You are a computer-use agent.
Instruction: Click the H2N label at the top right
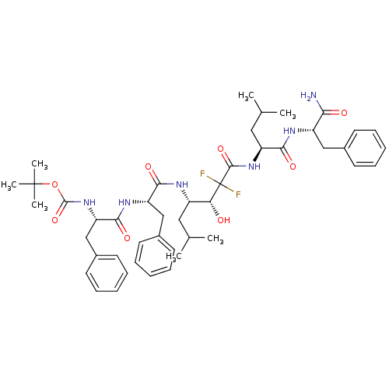308,96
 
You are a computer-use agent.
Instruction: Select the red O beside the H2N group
344,113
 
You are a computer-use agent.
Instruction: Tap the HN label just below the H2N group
289,131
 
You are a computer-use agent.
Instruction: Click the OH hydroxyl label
223,220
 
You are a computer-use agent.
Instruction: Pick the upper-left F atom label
202,174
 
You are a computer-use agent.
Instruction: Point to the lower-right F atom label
238,194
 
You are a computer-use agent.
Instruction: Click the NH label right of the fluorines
254,166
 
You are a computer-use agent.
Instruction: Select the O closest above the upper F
220,149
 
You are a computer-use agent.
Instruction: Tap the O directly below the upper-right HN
293,166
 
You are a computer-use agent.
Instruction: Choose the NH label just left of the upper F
182,184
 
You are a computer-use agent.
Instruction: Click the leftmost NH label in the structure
89,202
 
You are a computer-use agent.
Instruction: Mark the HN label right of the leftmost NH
124,202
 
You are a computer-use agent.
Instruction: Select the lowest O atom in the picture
127,238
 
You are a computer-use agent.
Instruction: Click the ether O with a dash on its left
54,184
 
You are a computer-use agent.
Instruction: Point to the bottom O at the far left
54,220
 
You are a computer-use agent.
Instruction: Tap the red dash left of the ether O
45,184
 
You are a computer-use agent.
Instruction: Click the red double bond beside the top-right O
335,113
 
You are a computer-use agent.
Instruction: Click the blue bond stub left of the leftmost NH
78,202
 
